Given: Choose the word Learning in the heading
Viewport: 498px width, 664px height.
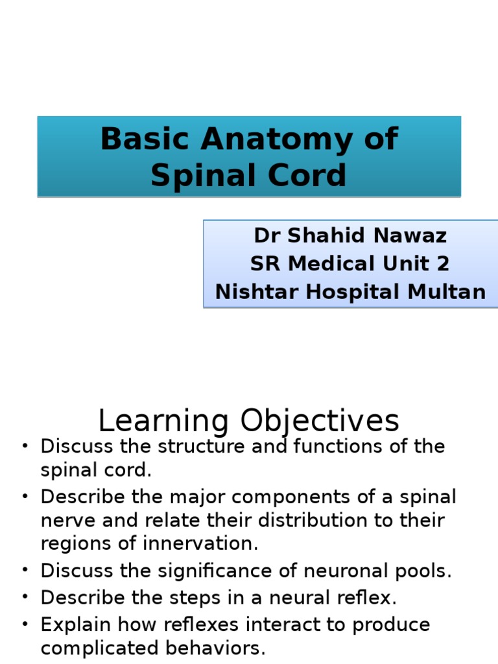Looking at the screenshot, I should click(163, 421).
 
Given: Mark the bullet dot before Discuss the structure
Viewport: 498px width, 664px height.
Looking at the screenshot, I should click(25, 446).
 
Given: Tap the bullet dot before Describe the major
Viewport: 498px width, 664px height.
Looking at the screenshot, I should click(25, 497).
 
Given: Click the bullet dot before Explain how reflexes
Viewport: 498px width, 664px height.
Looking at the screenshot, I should click(25, 625).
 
